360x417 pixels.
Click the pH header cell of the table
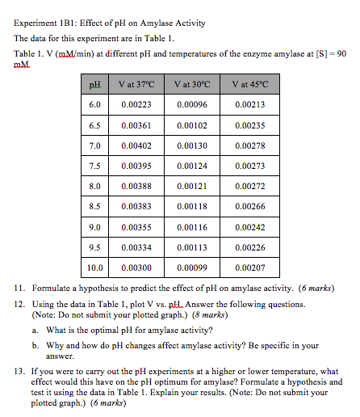(94, 84)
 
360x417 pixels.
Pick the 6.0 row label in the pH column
(94, 105)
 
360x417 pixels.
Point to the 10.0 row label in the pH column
(94, 267)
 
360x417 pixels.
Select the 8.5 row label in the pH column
(94, 206)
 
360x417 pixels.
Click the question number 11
(19, 289)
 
